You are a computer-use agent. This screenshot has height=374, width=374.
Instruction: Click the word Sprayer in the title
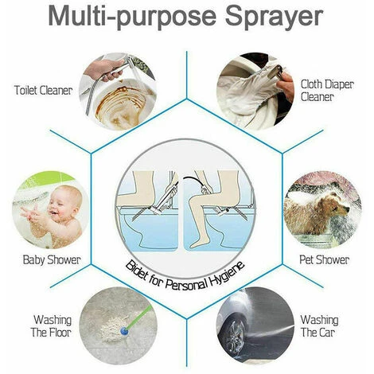(x=274, y=18)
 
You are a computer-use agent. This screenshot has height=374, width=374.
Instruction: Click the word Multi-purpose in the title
(x=132, y=18)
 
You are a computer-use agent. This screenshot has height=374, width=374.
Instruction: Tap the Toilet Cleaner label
(x=43, y=90)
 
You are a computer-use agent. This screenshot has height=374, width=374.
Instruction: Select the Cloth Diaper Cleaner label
(x=327, y=91)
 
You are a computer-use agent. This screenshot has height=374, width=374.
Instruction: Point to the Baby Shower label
(x=52, y=259)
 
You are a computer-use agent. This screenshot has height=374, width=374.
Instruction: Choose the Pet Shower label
(x=324, y=259)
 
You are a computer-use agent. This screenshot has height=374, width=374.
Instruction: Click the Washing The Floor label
(x=51, y=326)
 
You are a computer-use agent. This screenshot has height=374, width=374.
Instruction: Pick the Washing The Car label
(x=319, y=326)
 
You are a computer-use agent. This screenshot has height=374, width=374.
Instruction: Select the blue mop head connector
(x=123, y=330)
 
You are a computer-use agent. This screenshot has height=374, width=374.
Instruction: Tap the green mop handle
(x=139, y=318)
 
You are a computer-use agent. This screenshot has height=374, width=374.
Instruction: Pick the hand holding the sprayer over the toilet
(x=102, y=68)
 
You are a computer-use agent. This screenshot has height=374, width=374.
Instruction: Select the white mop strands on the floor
(x=111, y=328)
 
